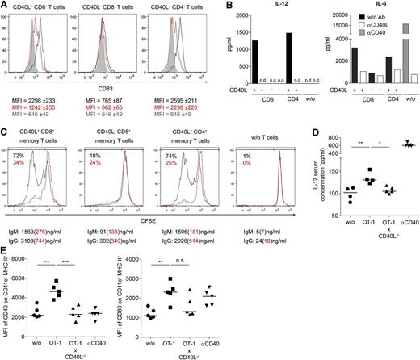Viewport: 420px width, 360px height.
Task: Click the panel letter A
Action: pyautogui.click(x=5, y=6)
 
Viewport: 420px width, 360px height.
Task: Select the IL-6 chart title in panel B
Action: pyautogui.click(x=334, y=6)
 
